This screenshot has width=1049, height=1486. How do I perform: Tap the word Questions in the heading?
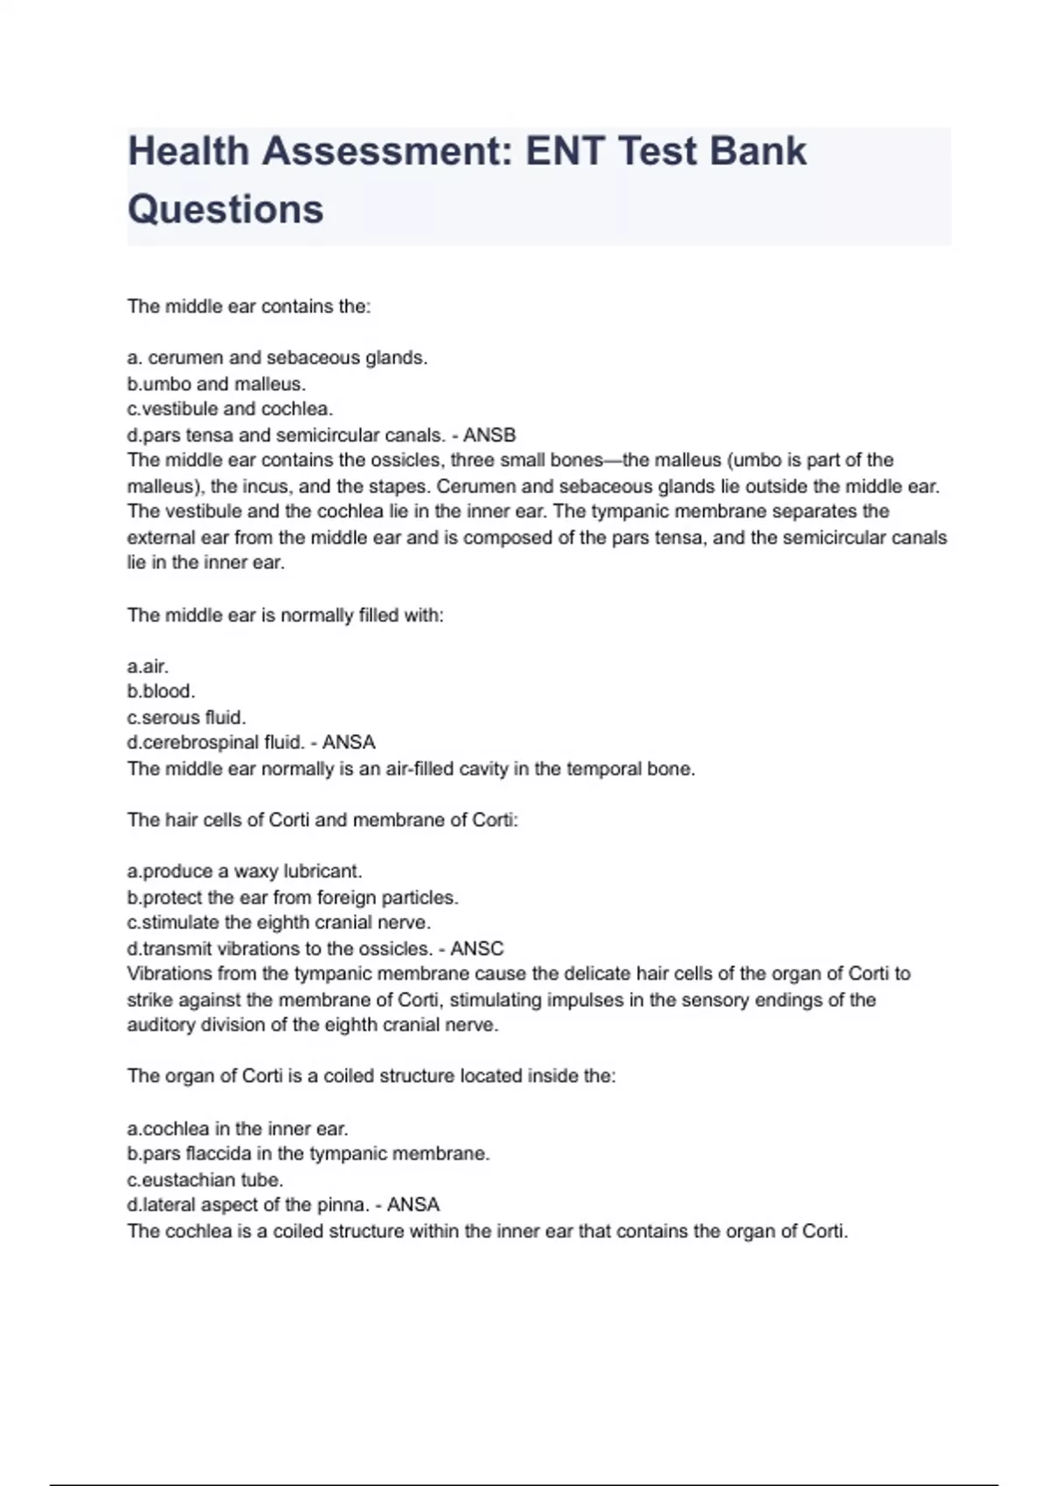click(226, 210)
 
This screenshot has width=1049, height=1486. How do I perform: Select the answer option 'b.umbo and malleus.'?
click(216, 384)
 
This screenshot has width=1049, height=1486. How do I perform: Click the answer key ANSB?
click(490, 435)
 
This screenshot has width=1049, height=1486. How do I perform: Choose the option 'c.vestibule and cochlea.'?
click(230, 409)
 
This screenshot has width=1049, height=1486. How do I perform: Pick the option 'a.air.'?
click(148, 666)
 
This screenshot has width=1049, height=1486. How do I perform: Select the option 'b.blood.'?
click(161, 691)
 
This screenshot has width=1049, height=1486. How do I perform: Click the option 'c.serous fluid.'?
click(186, 718)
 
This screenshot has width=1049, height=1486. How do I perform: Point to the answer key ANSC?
click(477, 948)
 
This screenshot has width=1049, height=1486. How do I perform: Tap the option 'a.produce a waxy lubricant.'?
click(244, 871)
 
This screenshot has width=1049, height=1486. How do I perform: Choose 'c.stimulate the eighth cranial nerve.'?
click(279, 923)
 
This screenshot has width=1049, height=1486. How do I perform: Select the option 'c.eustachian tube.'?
click(205, 1180)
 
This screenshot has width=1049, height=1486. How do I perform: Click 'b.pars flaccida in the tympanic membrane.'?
click(308, 1154)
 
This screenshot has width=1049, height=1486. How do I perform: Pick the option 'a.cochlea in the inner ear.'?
click(237, 1128)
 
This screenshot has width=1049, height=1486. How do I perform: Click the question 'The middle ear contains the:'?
click(249, 307)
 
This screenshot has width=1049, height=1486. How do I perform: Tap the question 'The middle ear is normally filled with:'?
click(285, 615)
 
